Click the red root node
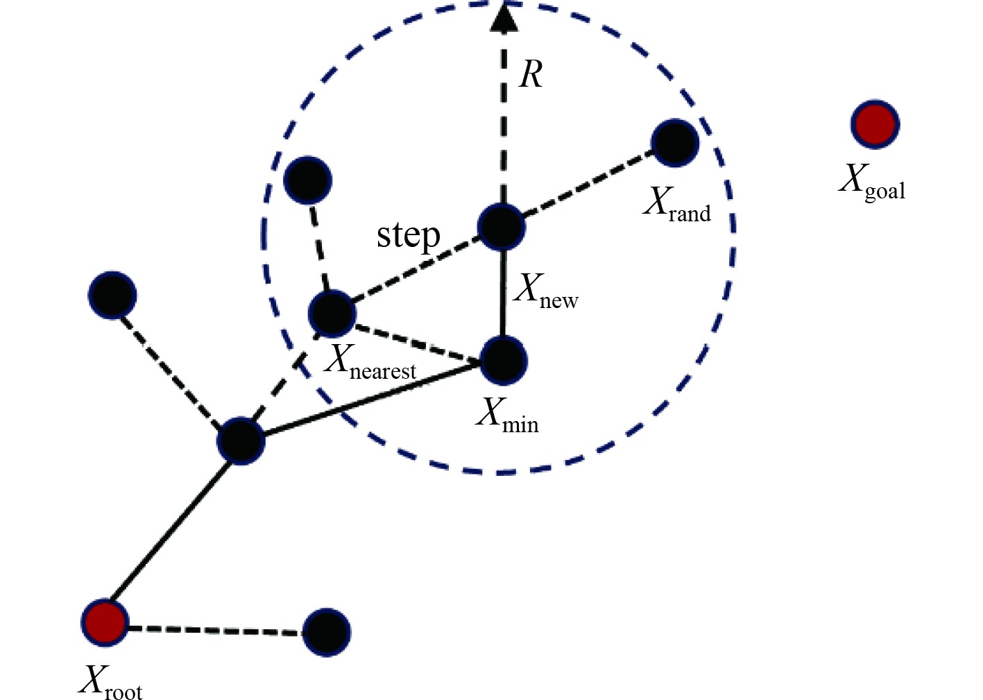105,622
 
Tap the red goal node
875,124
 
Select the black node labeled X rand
674,143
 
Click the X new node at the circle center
501,226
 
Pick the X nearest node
332,314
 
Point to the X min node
504,361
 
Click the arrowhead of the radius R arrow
504,17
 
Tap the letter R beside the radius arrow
531,74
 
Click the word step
408,236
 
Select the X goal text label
872,182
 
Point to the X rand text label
677,204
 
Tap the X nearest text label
370,363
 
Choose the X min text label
507,415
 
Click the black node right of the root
326,632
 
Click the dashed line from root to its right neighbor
215,630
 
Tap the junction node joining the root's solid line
241,441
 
